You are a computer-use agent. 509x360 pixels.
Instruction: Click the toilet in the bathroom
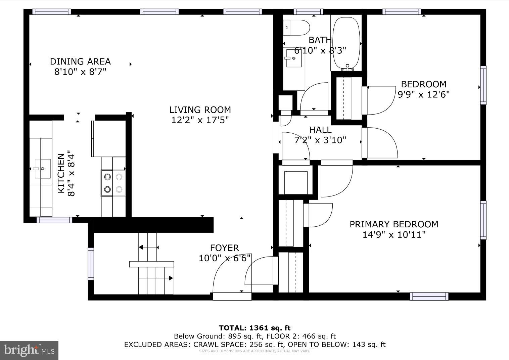[296, 28]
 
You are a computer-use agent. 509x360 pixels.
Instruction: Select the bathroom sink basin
[294, 58]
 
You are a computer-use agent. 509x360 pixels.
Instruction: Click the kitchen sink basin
[43, 169]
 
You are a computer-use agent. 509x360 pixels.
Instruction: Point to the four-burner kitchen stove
[113, 183]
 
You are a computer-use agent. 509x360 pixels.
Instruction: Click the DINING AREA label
[81, 61]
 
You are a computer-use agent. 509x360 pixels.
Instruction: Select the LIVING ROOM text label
[200, 110]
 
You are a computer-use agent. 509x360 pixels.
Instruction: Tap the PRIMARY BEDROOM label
[394, 224]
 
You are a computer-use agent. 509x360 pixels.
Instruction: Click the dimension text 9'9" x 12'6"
[424, 94]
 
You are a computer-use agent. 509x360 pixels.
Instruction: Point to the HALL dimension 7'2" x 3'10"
[320, 140]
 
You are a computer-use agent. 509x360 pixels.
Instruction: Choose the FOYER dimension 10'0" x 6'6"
[225, 258]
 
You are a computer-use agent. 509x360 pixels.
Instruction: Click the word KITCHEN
[61, 173]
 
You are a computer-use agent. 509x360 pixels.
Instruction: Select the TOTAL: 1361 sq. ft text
[255, 328]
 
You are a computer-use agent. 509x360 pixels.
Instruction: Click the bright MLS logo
[29, 350]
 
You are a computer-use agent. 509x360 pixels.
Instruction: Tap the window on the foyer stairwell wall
[91, 264]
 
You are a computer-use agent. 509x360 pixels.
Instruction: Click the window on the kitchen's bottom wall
[54, 220]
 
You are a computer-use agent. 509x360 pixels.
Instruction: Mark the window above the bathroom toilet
[308, 12]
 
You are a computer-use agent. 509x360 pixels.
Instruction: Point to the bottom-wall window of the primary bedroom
[429, 297]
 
